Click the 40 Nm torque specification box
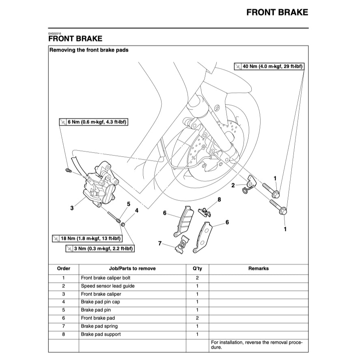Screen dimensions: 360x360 tap(269, 66)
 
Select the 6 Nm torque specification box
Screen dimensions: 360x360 tap(94, 122)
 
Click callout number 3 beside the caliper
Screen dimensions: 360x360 tap(72, 208)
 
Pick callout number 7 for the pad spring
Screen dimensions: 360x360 tap(160, 243)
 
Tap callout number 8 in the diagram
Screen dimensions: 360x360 tap(219, 200)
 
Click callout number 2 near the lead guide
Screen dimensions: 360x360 tap(233, 185)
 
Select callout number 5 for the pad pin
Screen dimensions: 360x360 tap(129, 204)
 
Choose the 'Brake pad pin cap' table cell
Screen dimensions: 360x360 tap(100, 302)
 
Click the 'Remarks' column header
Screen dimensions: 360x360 tap(259, 268)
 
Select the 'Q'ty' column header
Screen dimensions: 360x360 tap(197, 268)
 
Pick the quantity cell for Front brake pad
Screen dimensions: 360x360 tap(197, 318)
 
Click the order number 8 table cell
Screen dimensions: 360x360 tap(63, 334)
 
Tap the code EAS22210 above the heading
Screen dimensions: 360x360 tap(55, 33)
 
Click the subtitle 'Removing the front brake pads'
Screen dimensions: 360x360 tap(89, 50)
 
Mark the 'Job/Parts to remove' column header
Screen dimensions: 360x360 tap(132, 268)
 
